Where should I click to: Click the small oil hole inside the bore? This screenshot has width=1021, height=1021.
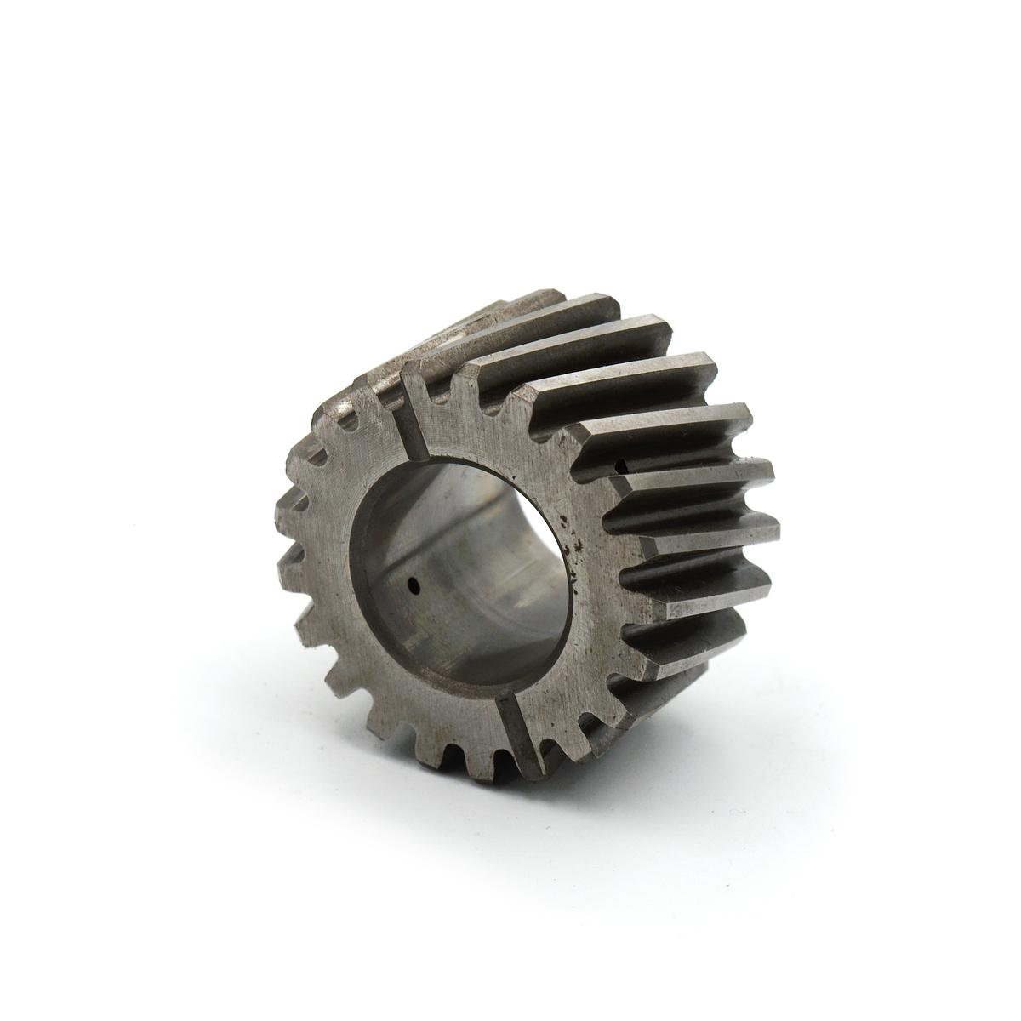pyautogui.click(x=414, y=585)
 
